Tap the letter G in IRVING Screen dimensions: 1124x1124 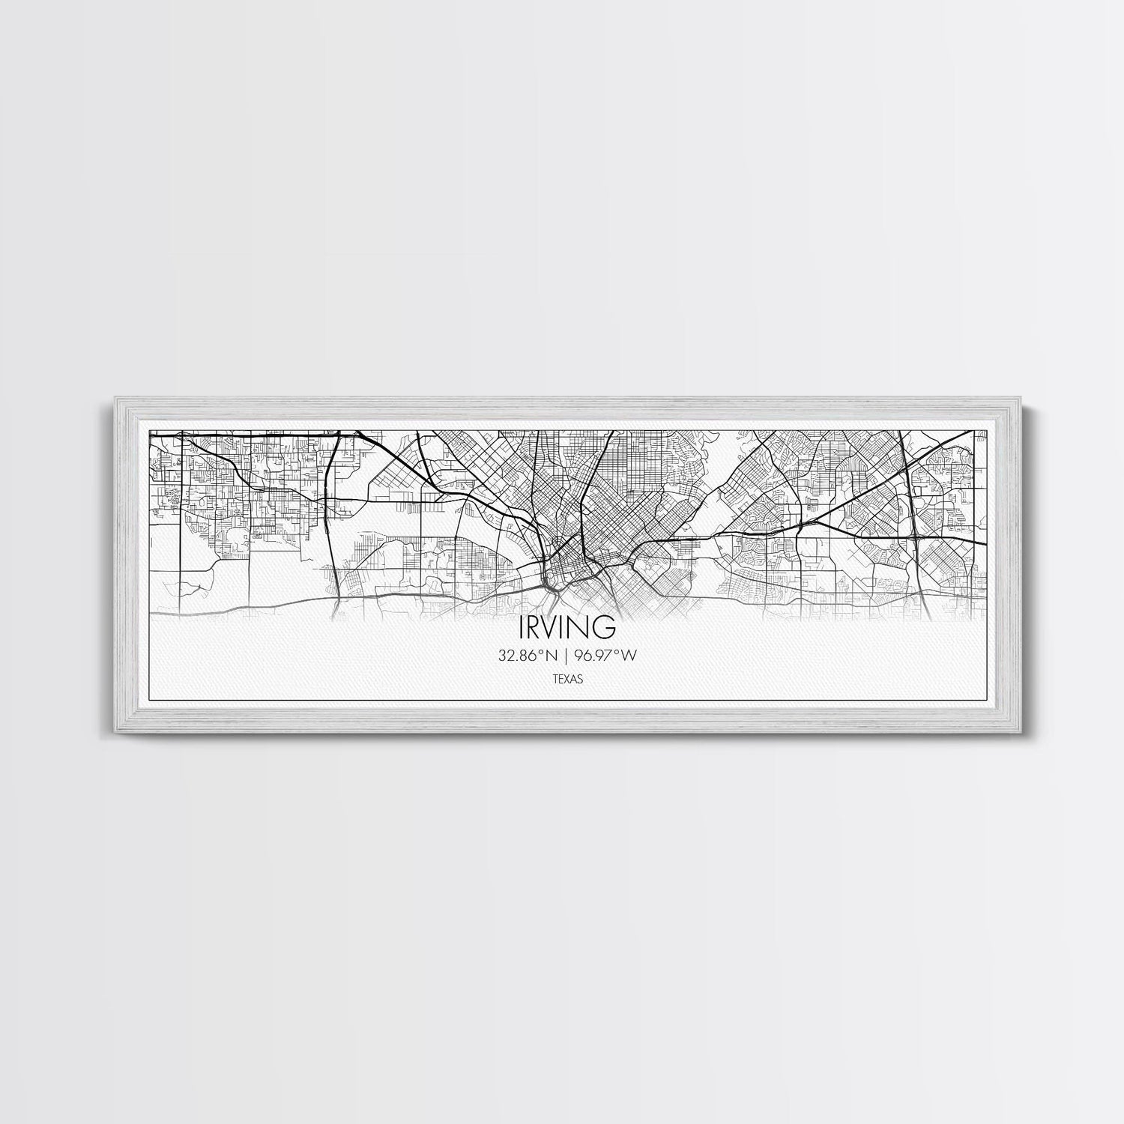[x=605, y=624]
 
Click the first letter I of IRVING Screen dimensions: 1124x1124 [x=521, y=624]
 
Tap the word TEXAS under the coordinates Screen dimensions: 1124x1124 [x=566, y=680]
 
